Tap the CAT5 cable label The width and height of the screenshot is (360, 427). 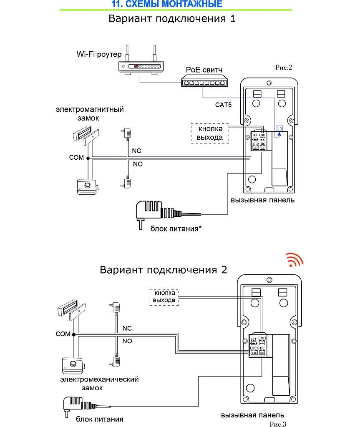[x=223, y=105]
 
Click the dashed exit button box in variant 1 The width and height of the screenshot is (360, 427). [x=210, y=133]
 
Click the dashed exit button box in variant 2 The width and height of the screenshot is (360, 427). [x=164, y=297]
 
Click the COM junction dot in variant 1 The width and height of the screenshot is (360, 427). [x=88, y=158]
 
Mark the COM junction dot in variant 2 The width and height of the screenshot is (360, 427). [x=74, y=334]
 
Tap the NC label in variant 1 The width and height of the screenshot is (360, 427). [x=136, y=151]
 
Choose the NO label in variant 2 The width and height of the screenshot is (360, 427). [x=127, y=341]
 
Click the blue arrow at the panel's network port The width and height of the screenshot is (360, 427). [x=279, y=134]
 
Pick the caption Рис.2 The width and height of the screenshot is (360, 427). [x=283, y=67]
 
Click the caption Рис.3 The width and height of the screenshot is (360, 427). [x=278, y=424]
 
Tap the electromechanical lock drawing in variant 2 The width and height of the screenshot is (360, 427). [x=73, y=365]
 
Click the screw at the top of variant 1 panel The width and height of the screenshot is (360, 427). [x=269, y=83]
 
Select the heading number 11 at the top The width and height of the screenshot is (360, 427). [x=116, y=4]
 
